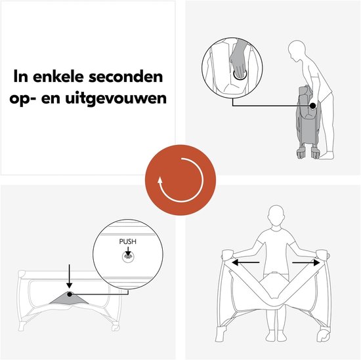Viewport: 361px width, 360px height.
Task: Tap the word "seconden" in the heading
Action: [x=126, y=77]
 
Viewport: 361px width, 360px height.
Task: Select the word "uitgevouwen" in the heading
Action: [x=116, y=98]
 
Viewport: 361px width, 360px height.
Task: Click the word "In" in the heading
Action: [x=21, y=77]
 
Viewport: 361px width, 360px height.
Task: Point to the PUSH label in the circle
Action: [x=128, y=241]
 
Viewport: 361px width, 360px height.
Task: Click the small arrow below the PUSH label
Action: [x=128, y=251]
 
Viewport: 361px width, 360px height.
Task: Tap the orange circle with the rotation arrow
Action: [x=180, y=180]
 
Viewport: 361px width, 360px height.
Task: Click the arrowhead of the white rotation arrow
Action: [x=160, y=180]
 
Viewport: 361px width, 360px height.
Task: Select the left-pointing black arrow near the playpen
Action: [x=245, y=262]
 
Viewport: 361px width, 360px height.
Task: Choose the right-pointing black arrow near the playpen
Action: [x=307, y=262]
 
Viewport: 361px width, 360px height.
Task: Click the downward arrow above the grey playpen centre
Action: [x=69, y=276]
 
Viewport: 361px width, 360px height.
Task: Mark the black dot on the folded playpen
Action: [x=312, y=106]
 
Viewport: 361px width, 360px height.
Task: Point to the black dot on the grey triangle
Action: [x=70, y=294]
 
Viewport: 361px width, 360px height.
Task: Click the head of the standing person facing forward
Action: [x=276, y=215]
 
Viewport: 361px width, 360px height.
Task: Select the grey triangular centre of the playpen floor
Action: [x=69, y=298]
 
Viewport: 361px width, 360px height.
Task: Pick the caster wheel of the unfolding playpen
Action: [x=323, y=336]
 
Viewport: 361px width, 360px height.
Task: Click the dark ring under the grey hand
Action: [x=240, y=74]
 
